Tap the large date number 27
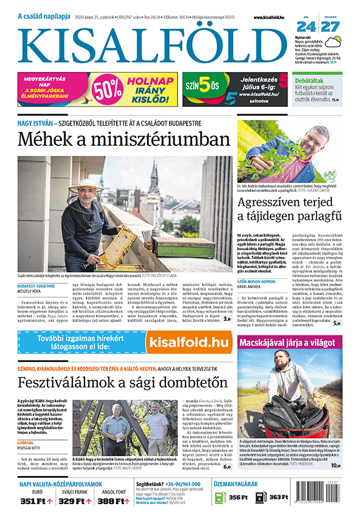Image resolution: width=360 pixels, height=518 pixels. pyautogui.click(x=331, y=27)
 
